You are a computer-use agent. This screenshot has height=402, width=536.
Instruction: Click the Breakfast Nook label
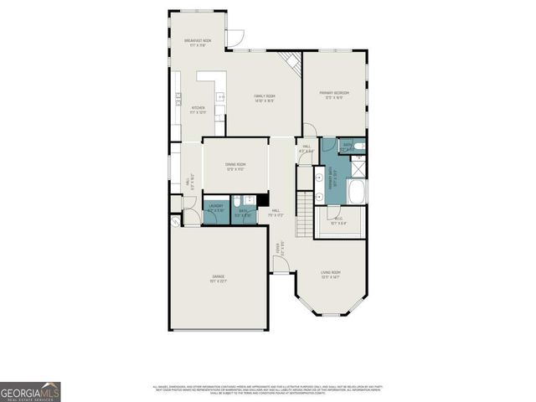point(197,43)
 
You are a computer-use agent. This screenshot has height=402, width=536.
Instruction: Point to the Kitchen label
point(198,110)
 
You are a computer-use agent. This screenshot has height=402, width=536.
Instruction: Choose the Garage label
point(218,280)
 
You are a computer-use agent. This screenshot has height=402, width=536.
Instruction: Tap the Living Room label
point(331,275)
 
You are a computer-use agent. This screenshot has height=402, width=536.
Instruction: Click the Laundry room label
point(215,208)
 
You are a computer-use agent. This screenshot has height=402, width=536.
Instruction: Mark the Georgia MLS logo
point(30,391)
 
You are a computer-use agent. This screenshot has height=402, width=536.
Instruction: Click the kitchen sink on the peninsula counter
point(220,98)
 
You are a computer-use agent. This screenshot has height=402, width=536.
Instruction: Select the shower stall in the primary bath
point(357,167)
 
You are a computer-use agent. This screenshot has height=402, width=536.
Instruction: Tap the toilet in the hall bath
point(237,201)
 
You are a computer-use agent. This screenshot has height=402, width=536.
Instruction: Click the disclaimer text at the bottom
point(268,389)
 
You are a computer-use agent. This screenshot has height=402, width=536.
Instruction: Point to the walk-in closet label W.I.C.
point(338,222)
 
